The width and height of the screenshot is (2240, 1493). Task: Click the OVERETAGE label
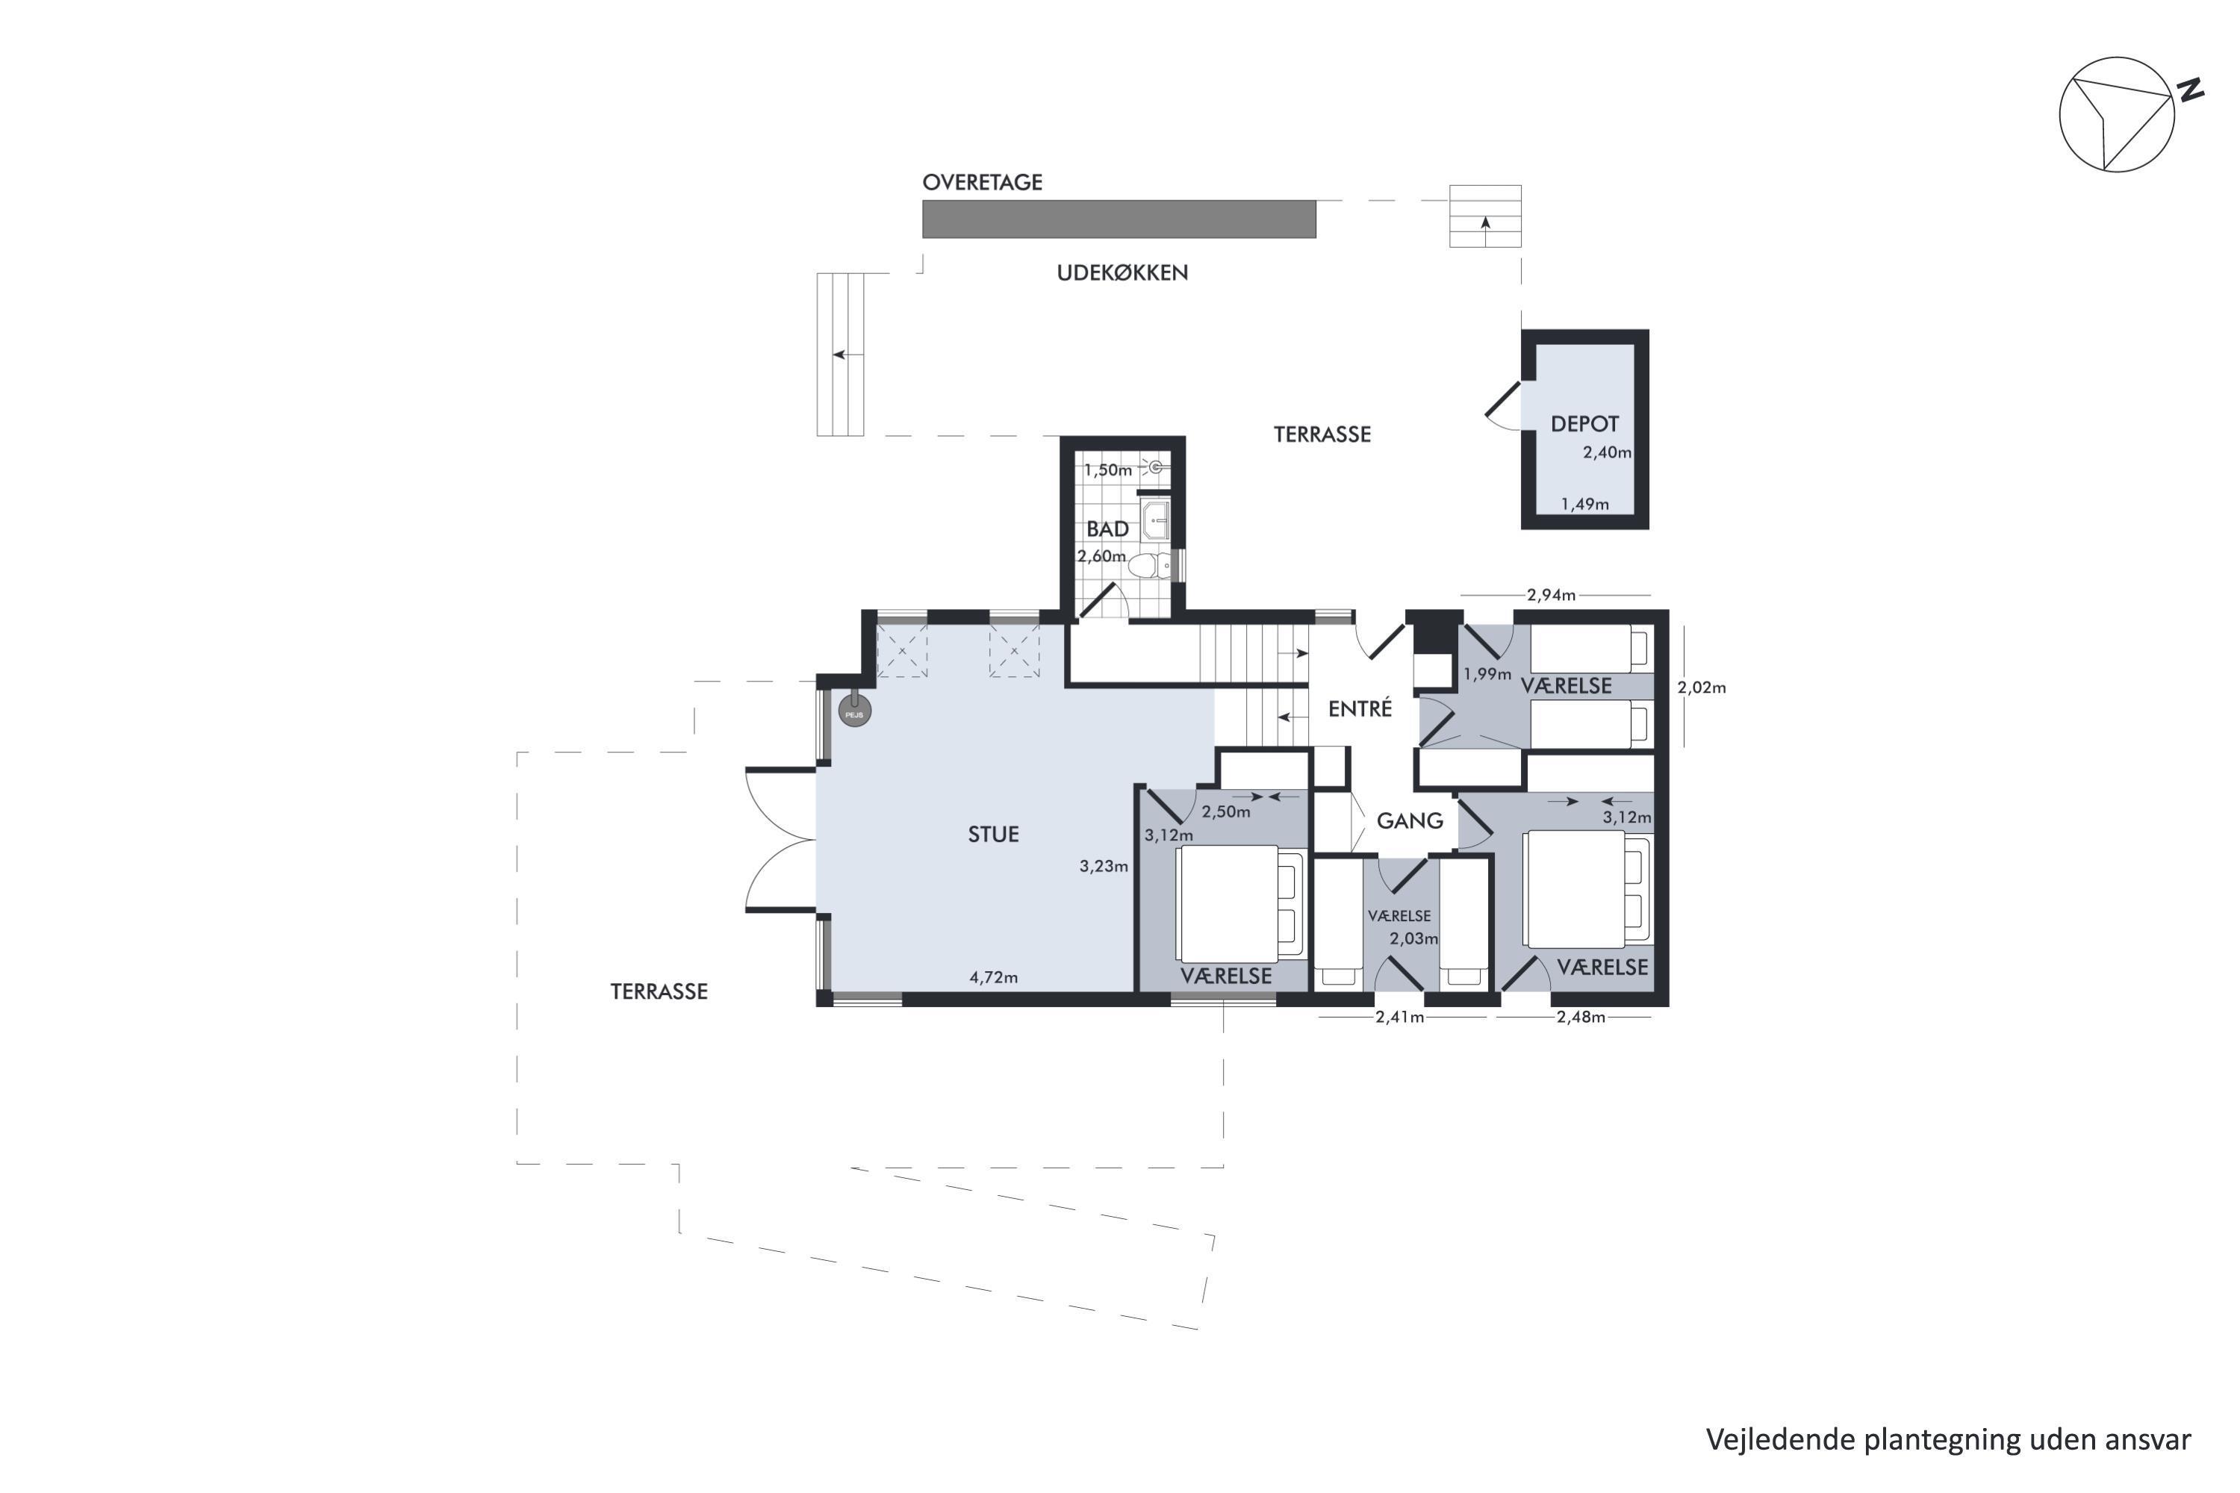point(982,182)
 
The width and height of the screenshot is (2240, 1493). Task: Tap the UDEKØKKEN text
point(1122,272)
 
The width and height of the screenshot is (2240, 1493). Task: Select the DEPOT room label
point(1584,424)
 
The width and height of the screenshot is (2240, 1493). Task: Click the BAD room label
point(1107,529)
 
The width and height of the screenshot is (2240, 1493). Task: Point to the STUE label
point(993,834)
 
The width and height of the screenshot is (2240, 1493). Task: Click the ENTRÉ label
point(1360,708)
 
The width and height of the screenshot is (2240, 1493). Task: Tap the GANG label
point(1410,820)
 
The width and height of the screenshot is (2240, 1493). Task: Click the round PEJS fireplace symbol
point(854,711)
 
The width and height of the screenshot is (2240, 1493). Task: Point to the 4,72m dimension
point(993,977)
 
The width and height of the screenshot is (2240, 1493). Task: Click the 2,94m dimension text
point(1551,595)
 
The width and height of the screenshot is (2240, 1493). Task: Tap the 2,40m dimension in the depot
point(1607,453)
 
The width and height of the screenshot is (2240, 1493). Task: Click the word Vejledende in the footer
point(1780,1440)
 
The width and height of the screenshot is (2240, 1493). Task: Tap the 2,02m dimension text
point(1702,687)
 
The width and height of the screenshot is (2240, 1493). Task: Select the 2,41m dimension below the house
point(1400,1017)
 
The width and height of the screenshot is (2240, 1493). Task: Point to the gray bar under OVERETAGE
point(1119,219)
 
